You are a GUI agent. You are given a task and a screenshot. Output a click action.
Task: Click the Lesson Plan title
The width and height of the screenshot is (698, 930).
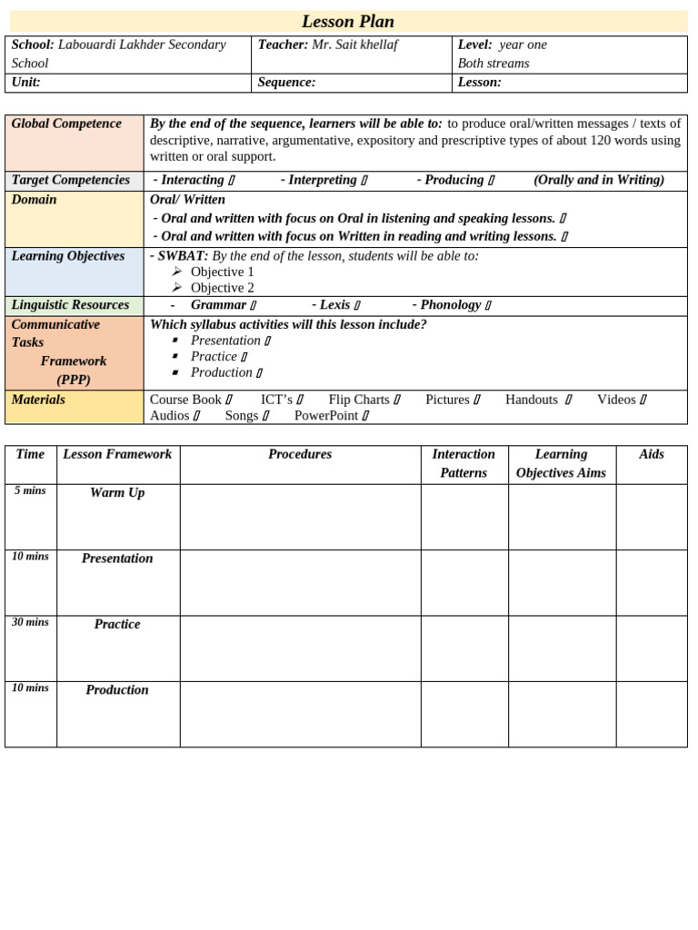(x=347, y=22)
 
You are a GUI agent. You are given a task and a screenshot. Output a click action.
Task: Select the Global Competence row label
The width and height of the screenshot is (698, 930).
(x=66, y=124)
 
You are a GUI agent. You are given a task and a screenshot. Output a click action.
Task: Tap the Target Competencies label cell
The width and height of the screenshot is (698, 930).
(x=71, y=180)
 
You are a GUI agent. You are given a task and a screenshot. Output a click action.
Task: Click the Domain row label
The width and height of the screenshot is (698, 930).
(x=34, y=200)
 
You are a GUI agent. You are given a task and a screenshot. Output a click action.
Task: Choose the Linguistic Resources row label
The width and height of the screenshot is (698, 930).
(x=70, y=305)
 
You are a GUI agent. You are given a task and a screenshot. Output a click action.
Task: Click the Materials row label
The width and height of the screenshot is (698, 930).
(x=38, y=400)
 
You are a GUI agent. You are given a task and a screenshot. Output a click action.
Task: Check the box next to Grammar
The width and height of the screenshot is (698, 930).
(x=254, y=306)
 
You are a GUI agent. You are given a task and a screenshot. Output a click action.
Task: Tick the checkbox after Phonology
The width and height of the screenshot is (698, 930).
(x=488, y=306)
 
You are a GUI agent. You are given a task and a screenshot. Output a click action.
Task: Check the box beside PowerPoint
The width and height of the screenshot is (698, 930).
(x=365, y=417)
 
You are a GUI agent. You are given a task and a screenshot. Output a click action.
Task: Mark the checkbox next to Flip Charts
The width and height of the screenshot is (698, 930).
(x=397, y=401)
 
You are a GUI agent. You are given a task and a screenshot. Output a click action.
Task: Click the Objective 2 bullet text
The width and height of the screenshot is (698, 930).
(x=222, y=288)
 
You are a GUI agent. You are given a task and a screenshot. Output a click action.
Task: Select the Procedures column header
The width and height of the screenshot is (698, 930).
(x=300, y=454)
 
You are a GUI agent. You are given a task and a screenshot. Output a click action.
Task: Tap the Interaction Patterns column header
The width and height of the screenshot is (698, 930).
(x=464, y=463)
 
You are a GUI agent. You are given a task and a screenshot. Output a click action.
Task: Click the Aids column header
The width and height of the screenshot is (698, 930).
(x=651, y=454)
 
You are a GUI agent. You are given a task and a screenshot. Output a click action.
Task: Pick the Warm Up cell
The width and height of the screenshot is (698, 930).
(x=117, y=493)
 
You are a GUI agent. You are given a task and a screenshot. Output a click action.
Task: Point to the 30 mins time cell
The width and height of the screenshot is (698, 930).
(x=30, y=622)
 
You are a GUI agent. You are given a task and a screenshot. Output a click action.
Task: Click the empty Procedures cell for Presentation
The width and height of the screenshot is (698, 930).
(x=300, y=582)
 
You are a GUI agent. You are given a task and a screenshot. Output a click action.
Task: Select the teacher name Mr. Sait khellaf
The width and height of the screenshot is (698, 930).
(x=354, y=45)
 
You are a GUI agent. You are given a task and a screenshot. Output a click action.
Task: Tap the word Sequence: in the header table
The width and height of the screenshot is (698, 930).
(x=286, y=83)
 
